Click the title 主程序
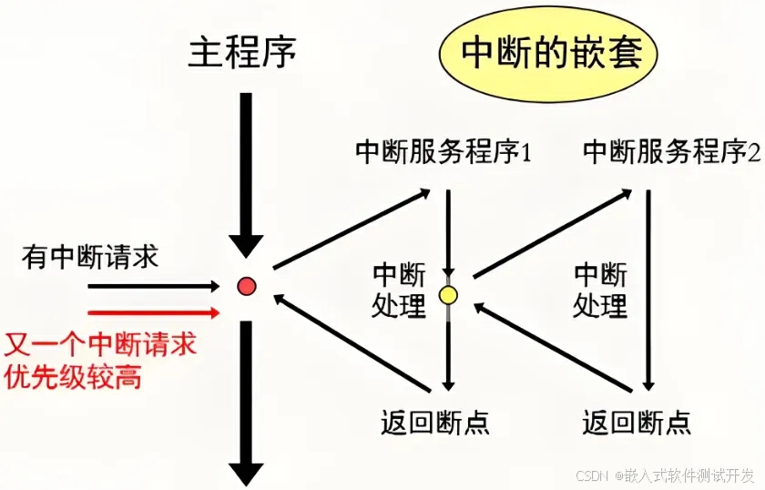[242, 52]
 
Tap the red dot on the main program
[246, 287]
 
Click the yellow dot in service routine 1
[448, 295]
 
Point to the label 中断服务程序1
[443, 151]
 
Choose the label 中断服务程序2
[671, 151]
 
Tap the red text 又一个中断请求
[101, 346]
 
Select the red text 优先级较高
[74, 376]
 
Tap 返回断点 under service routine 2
[637, 422]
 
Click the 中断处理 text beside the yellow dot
[399, 290]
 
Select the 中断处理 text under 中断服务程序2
[600, 290]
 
